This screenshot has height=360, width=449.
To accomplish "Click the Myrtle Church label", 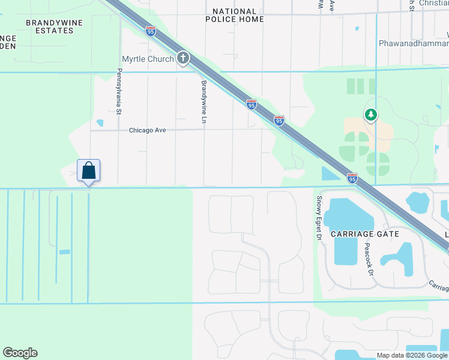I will [x=148, y=59].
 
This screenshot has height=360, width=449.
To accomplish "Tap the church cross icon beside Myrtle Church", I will [x=182, y=59].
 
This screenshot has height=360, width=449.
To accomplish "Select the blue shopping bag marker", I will [x=89, y=170].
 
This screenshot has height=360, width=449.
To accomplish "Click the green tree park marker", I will [x=371, y=115].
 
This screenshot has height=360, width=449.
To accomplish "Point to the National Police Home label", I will [x=234, y=16].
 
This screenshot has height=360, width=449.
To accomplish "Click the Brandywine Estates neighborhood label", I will [x=50, y=26].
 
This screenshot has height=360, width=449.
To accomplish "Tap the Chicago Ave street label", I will [x=147, y=130].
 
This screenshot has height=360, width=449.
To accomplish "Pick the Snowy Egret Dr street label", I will [x=319, y=218].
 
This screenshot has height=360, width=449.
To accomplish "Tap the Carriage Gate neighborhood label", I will [x=357, y=233].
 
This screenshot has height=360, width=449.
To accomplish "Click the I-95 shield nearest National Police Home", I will [x=151, y=31].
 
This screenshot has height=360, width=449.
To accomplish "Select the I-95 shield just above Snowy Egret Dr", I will [x=352, y=178].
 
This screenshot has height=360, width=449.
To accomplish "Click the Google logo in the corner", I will [x=20, y=353].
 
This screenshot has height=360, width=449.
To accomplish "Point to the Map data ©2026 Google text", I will [x=412, y=355].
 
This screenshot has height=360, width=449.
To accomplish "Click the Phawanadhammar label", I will [x=414, y=43].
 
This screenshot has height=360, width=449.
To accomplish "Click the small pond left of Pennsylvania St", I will [x=100, y=123].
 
